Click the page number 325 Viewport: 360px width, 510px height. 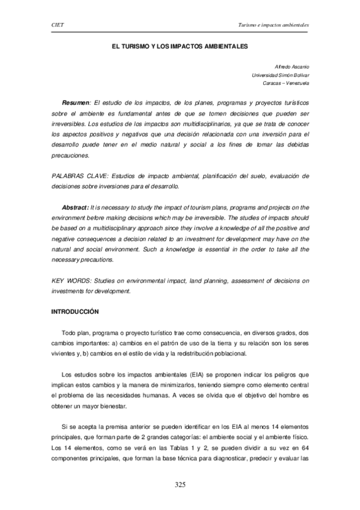pos(180,485)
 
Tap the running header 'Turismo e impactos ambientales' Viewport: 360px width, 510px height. pos(274,25)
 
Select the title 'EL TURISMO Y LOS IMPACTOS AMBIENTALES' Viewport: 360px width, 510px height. pos(180,45)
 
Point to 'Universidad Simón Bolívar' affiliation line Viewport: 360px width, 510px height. pos(280,75)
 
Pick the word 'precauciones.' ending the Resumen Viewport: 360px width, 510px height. pos(70,155)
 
